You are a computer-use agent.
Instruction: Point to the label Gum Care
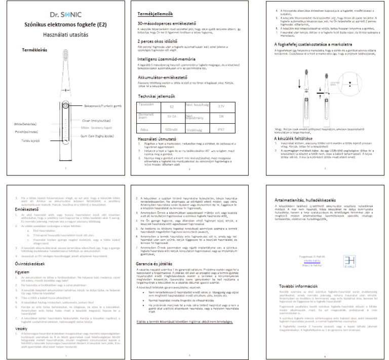97,137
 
